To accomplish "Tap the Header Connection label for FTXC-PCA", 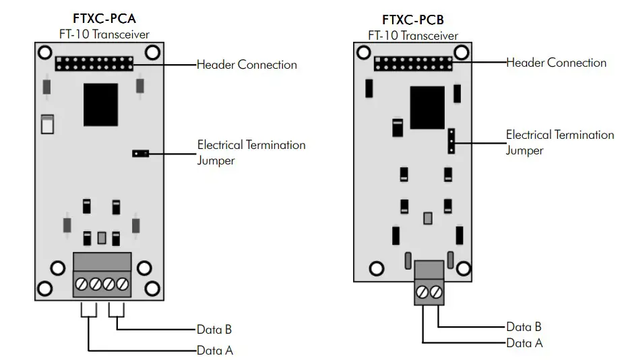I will [247, 65].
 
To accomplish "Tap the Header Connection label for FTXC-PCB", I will [557, 63].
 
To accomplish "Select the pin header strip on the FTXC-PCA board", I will [95, 64].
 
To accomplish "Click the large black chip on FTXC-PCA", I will [102, 104].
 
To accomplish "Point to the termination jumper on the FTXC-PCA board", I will [140, 154].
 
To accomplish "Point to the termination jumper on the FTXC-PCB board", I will [451, 141].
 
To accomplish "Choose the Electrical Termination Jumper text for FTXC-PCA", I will [251, 152].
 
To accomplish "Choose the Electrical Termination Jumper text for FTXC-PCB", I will [559, 142].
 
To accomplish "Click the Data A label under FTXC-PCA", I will [215, 351].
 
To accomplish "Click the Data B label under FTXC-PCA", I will [214, 330].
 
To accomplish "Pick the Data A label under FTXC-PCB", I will [524, 343].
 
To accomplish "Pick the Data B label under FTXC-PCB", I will [524, 327].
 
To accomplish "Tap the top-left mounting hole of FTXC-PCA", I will [44, 53].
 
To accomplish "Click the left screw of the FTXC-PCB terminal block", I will [422, 292].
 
